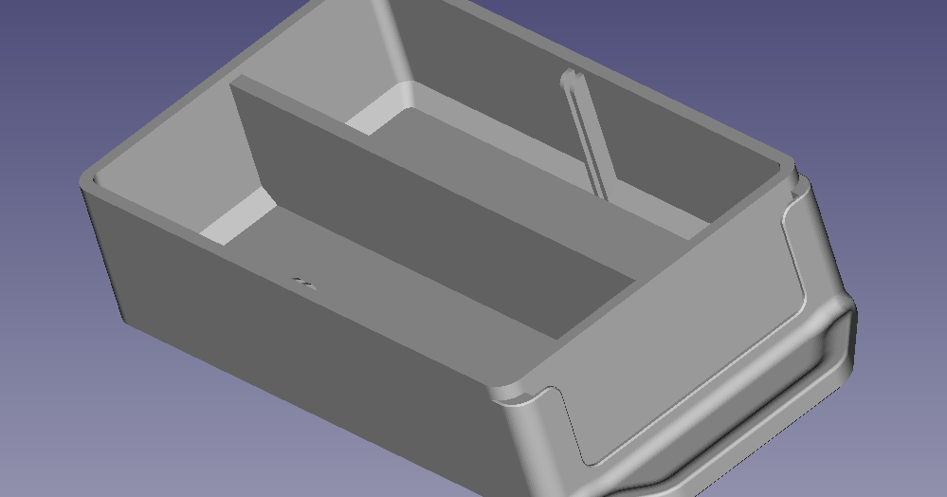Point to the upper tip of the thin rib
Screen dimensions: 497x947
click(567, 76)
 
